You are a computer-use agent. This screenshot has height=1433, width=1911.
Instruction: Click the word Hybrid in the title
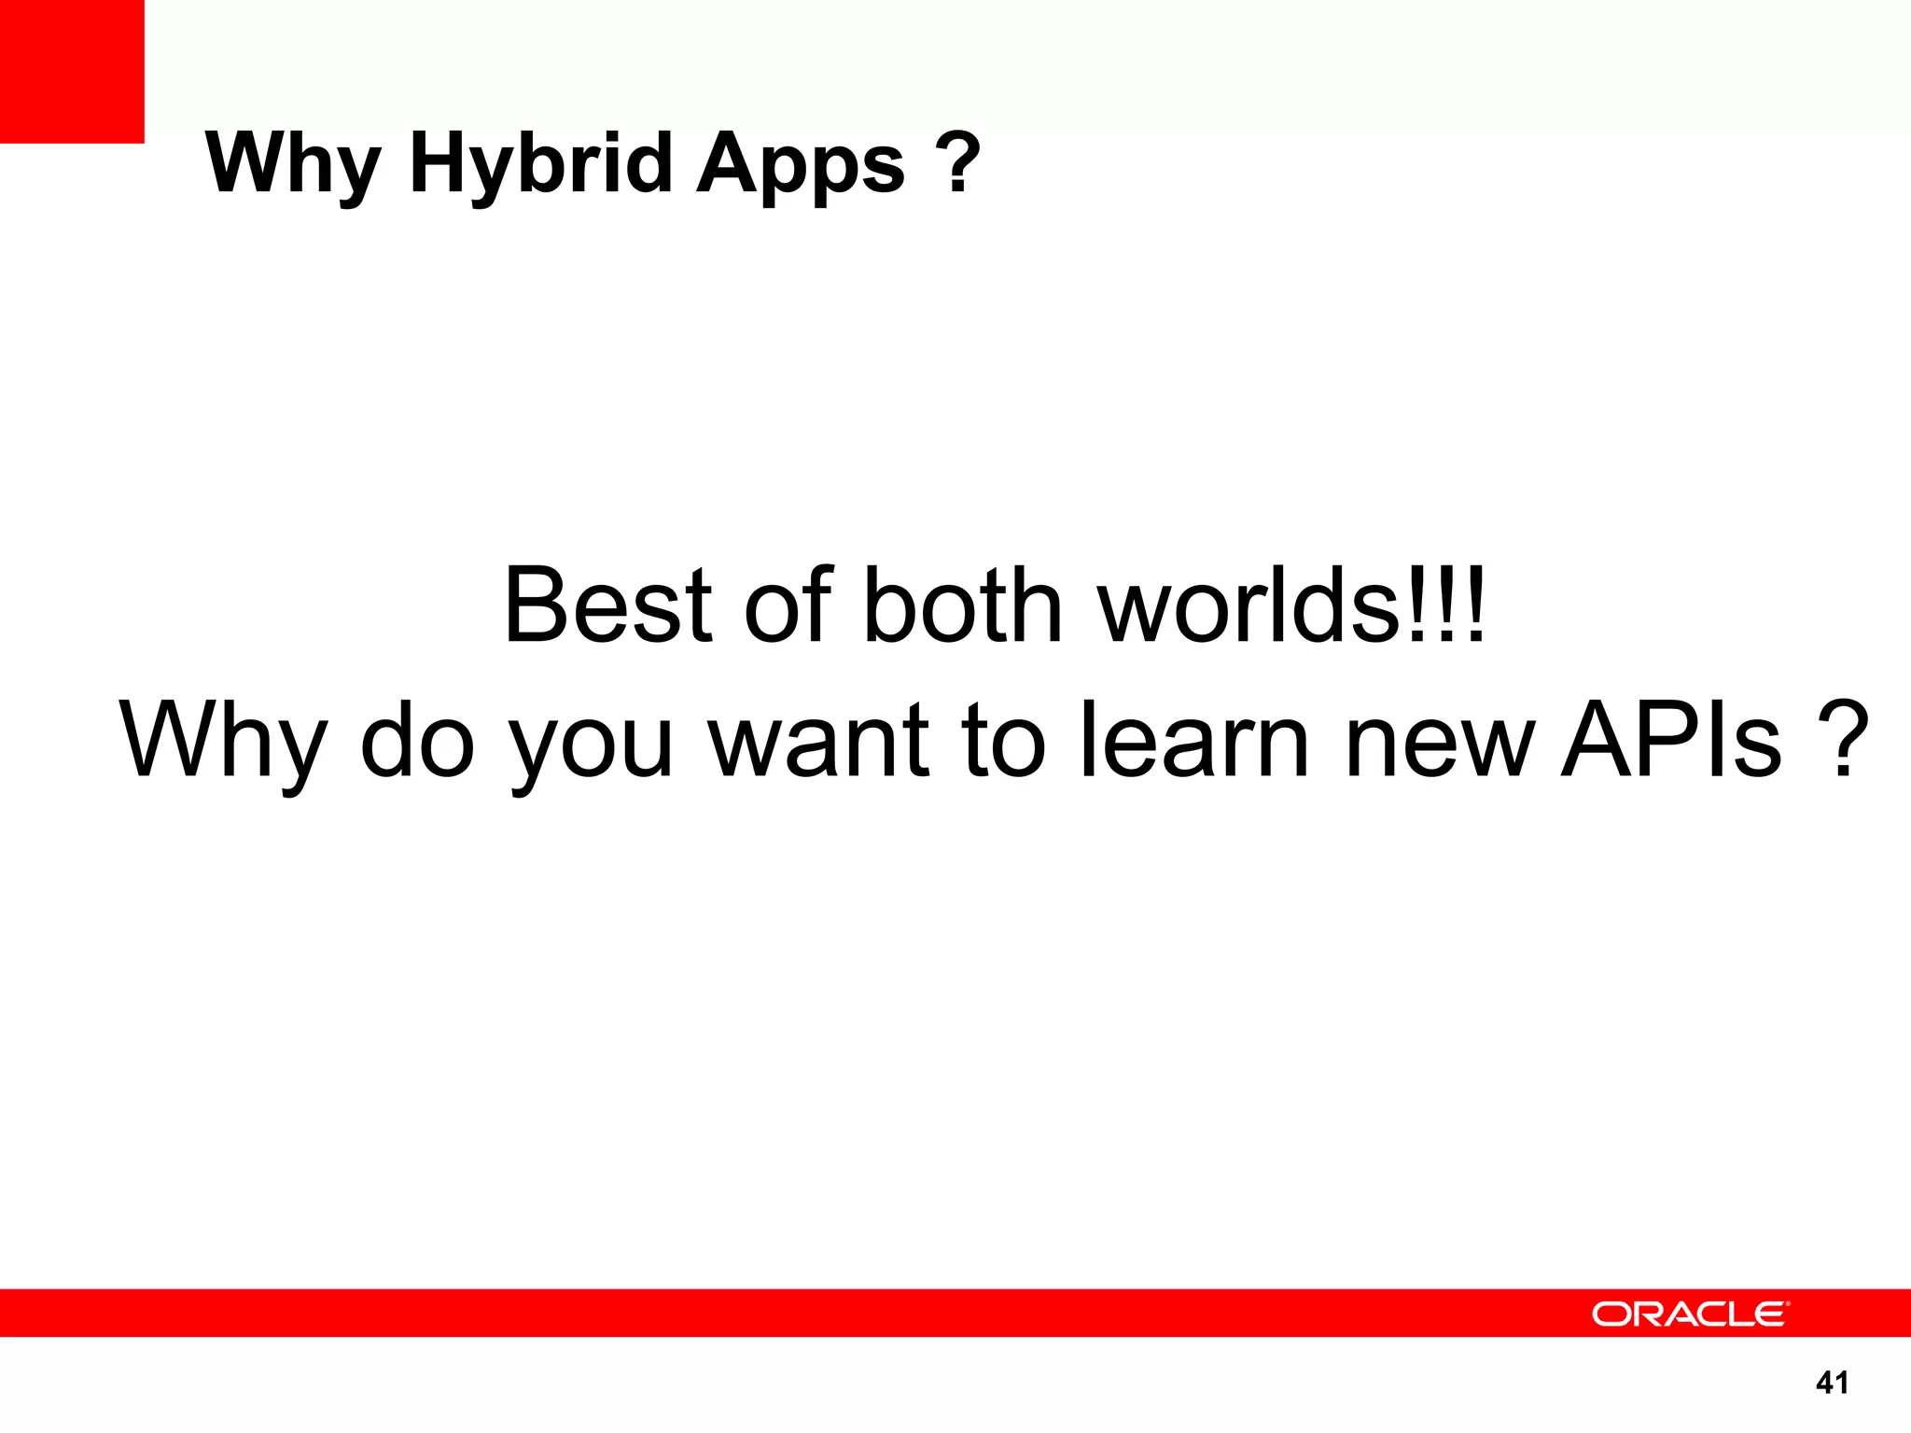click(x=540, y=163)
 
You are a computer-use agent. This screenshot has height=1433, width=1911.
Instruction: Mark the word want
click(x=820, y=742)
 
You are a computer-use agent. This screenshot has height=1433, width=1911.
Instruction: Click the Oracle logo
click(x=1690, y=1314)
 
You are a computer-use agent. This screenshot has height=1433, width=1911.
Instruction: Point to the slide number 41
click(x=1832, y=1383)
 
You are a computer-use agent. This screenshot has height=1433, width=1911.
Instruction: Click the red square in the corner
click(x=72, y=71)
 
